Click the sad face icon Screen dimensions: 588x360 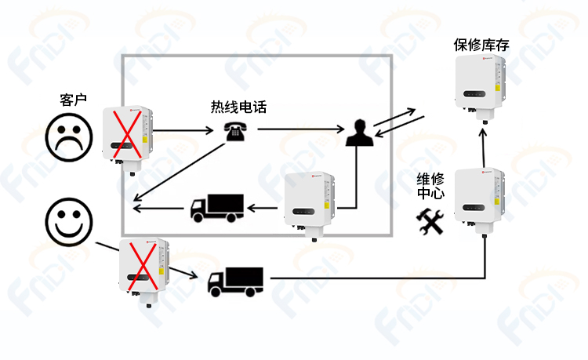point(69,137)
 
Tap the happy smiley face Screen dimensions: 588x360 point(69,222)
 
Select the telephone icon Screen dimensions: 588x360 point(235,131)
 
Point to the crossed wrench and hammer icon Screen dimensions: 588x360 point(430,222)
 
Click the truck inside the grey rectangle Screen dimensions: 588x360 point(217,208)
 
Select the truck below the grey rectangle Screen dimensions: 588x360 point(235,282)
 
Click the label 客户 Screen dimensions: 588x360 point(73,100)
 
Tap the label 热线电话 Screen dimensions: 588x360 point(238,107)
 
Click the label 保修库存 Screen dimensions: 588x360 point(481,45)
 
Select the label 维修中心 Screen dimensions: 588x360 point(430,186)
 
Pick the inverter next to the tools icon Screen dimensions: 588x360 point(479,202)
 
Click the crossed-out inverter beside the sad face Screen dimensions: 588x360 point(128,140)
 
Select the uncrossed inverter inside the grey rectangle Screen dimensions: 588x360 point(310,206)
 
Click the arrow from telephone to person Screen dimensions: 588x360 point(301,129)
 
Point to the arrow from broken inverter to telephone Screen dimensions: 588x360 point(183,130)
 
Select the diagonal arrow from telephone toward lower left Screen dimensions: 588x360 point(180,172)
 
